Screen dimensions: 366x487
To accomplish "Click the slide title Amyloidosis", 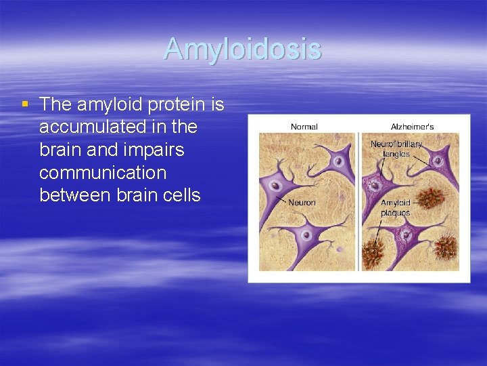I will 242,49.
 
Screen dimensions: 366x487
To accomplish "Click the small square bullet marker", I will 25,104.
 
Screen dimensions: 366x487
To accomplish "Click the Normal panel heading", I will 304,126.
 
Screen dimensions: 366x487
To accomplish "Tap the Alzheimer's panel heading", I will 412,126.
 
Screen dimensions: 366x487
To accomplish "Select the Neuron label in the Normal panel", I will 302,202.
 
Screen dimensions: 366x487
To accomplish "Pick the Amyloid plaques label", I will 395,207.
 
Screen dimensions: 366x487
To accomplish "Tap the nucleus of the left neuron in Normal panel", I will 275,185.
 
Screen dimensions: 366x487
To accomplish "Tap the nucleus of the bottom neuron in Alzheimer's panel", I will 406,235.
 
